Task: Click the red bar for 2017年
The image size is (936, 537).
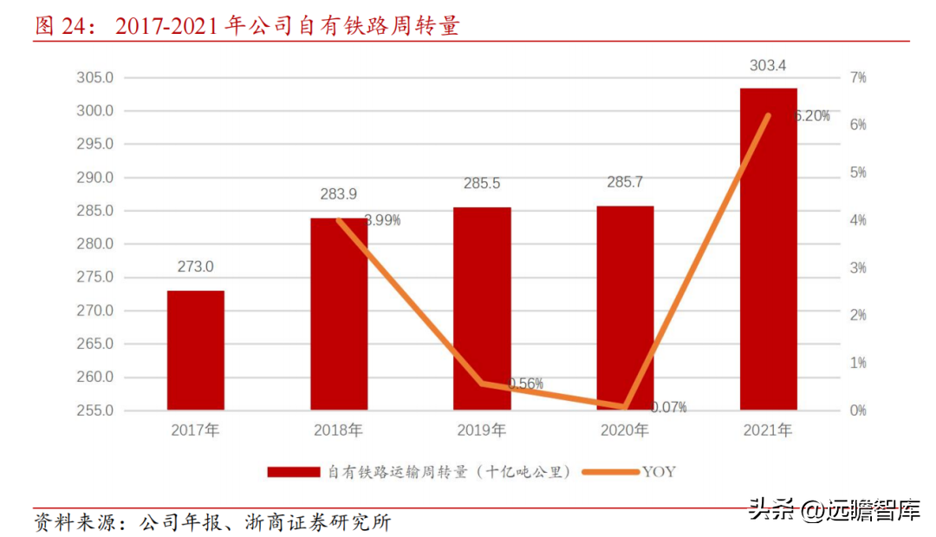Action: (195, 350)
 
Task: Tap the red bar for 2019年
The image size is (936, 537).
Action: (482, 308)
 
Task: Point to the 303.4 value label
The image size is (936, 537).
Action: (768, 65)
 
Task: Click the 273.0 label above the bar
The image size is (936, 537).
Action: (195, 267)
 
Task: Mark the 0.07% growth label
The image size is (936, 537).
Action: (667, 407)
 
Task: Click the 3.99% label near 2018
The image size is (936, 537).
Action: (382, 220)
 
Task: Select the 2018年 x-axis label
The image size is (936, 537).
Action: (339, 430)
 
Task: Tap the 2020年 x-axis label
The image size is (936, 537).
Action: (625, 430)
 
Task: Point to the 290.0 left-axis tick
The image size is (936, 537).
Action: (96, 178)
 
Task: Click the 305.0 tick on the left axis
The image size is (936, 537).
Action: (96, 78)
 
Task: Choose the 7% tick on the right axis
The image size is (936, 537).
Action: (858, 78)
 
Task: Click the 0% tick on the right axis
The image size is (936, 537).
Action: (858, 410)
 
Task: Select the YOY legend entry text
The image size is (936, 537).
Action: (659, 472)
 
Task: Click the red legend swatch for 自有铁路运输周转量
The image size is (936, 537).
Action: (293, 472)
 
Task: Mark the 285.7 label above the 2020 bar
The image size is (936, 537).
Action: (625, 183)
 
